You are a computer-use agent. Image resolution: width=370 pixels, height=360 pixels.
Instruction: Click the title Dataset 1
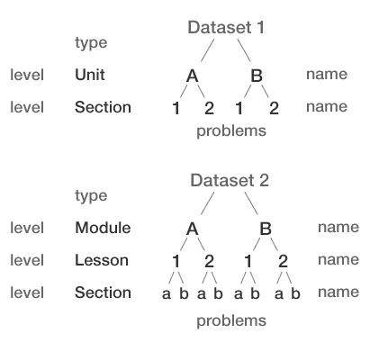pos(226,28)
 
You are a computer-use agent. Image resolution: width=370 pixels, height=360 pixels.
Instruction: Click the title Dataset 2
pos(230,181)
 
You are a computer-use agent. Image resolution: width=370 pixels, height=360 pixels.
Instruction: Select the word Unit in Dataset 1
pos(89,75)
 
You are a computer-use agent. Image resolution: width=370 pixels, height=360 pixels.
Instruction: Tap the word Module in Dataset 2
pos(103,228)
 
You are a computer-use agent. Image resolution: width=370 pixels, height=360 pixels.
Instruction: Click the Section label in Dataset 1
pos(103,107)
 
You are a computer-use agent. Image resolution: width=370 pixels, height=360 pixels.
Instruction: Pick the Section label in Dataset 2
pos(103,292)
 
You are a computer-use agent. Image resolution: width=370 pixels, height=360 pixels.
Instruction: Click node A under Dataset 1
pos(192,76)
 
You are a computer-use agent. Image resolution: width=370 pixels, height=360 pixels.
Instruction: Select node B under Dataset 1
pos(257,76)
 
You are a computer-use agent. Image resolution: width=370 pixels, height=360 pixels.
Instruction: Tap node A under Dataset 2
pos(192,229)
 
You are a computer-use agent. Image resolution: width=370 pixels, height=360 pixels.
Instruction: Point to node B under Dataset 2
pos(266,229)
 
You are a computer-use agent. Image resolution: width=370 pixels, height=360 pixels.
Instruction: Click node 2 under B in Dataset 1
pos(274,109)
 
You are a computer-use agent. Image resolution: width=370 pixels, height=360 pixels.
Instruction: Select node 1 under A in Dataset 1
pos(176,109)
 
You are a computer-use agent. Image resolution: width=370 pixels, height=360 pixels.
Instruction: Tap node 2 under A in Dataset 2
pos(209,262)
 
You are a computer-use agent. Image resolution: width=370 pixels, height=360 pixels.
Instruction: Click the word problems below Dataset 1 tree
pos(231,131)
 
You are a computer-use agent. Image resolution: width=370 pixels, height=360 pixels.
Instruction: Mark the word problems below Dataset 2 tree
pos(231,320)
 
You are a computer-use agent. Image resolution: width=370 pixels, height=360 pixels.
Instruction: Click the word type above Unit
pos(90,42)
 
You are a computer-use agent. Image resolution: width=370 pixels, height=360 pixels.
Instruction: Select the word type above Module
pos(90,195)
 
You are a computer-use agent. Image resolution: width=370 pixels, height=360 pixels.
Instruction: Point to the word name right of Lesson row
pos(338,260)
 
